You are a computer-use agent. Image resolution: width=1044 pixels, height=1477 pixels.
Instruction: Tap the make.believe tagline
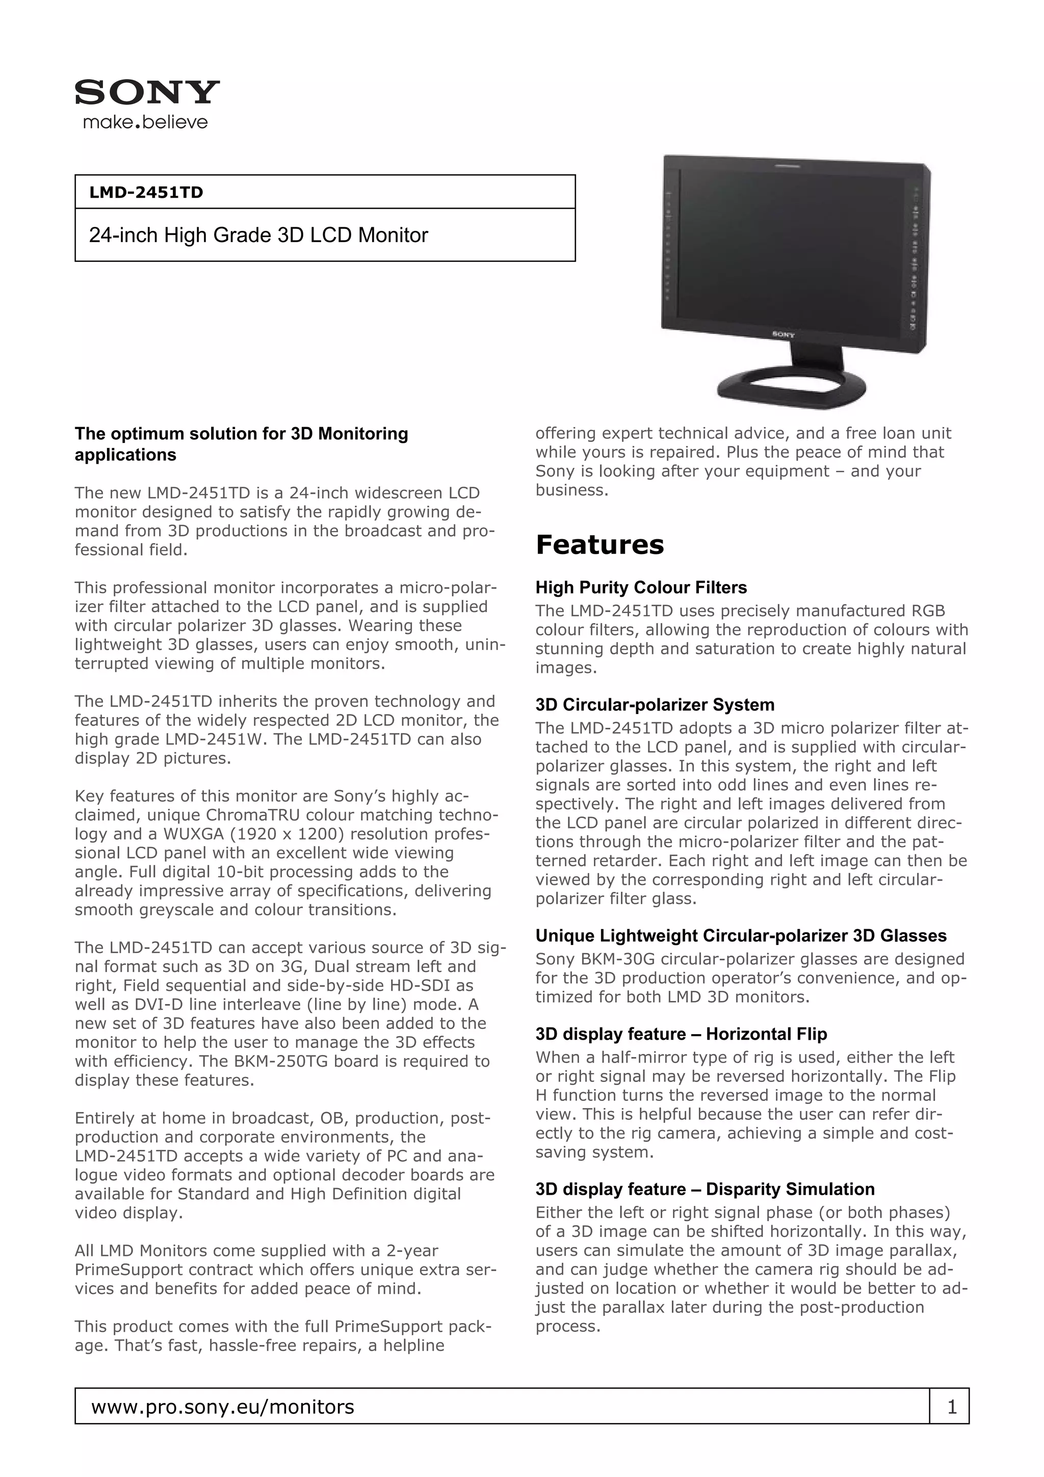click(x=145, y=122)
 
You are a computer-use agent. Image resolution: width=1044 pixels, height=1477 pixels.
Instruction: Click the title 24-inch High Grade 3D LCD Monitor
click(x=258, y=235)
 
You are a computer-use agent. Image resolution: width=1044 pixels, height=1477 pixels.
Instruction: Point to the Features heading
click(x=599, y=545)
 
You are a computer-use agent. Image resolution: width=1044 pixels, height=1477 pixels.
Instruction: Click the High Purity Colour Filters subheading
click(x=641, y=587)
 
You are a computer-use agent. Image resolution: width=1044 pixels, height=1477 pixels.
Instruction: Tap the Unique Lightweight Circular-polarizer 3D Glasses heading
click(x=740, y=935)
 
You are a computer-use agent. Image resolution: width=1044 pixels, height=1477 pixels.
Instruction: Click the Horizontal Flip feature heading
click(x=681, y=1034)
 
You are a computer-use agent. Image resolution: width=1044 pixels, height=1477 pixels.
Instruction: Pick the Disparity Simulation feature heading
click(x=704, y=1189)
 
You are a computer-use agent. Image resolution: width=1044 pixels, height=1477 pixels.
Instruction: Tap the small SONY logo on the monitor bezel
click(x=783, y=334)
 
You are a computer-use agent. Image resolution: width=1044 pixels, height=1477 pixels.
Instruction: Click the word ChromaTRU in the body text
click(x=254, y=815)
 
